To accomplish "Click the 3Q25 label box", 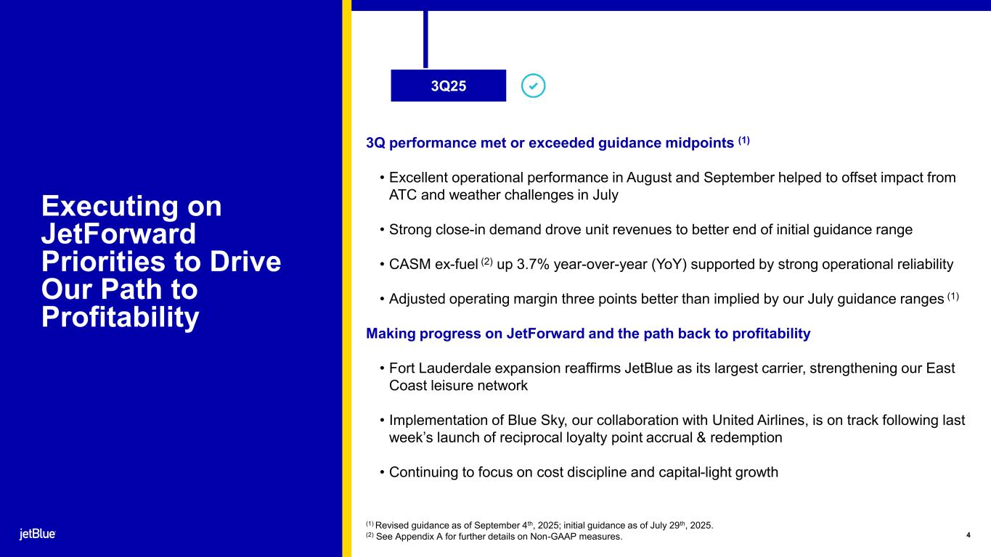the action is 448,86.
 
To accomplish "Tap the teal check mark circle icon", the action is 533,86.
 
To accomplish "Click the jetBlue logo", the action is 38,534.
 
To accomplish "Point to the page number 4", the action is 968,535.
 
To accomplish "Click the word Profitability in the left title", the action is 121,317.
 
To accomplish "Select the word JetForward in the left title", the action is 118,234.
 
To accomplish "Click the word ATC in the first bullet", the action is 403,195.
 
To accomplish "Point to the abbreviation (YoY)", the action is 669,264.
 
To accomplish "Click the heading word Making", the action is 391,334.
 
